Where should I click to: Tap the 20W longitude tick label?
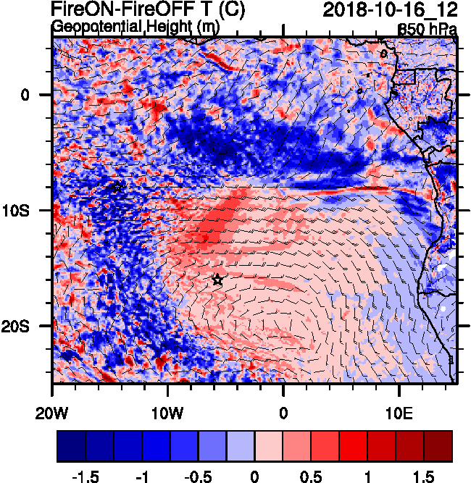pyautogui.click(x=52, y=397)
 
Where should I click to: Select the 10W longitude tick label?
pyautogui.click(x=167, y=397)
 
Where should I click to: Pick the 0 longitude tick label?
pyautogui.click(x=283, y=397)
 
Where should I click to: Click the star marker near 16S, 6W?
pyautogui.click(x=217, y=280)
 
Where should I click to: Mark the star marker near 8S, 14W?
pyautogui.click(x=117, y=188)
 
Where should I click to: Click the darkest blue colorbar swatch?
pyautogui.click(x=72, y=446)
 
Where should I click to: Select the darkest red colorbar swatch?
pyautogui.click(x=438, y=446)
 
